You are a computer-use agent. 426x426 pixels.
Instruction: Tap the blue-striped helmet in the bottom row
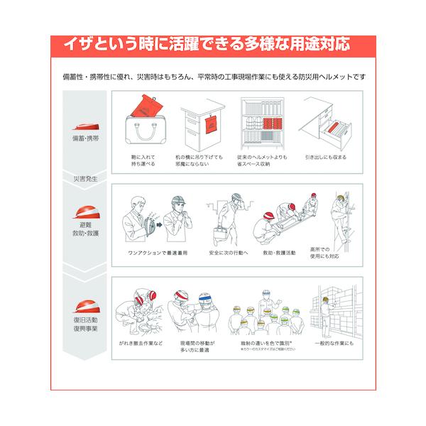207,297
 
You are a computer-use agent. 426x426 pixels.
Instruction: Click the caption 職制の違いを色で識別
263,343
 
